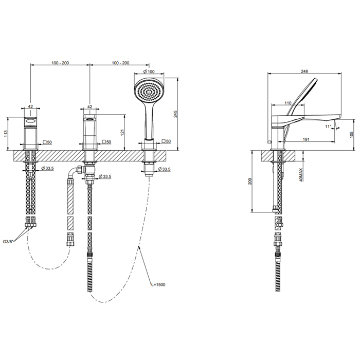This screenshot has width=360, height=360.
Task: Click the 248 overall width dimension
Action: [304, 71]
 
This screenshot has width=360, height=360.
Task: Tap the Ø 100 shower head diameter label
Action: [149, 71]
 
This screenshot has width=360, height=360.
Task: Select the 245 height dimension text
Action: [176, 114]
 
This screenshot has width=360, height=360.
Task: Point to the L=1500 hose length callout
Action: [158, 285]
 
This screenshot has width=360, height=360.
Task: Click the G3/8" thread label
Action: [9, 242]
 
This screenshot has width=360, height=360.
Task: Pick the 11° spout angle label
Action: [328, 127]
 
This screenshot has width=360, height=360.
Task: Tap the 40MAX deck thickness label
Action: [301, 175]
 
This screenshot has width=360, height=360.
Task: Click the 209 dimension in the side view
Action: [250, 181]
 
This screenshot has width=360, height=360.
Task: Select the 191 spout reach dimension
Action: [306, 139]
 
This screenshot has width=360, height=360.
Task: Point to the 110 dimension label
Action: [288, 103]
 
